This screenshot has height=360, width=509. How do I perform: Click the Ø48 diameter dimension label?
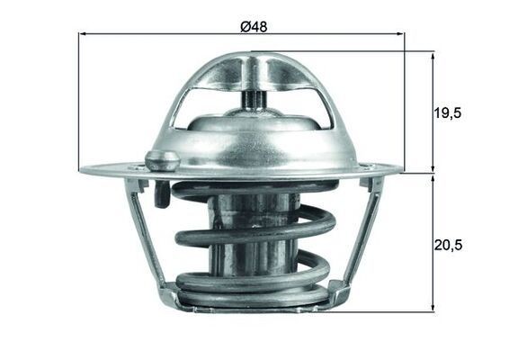coord(254,27)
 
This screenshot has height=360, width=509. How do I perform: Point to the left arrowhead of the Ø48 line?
coord(83,34)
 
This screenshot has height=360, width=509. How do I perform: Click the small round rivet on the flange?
coord(162,160)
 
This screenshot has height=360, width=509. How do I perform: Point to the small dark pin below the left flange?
coord(160,194)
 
